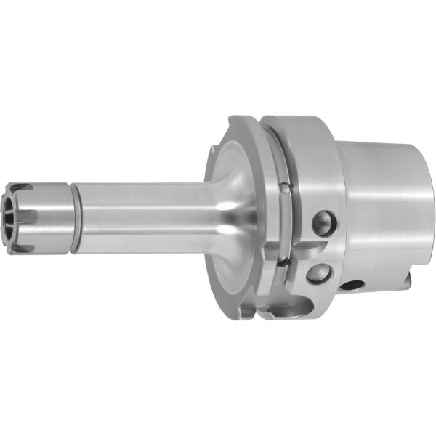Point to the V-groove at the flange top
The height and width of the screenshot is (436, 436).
[265, 134]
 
